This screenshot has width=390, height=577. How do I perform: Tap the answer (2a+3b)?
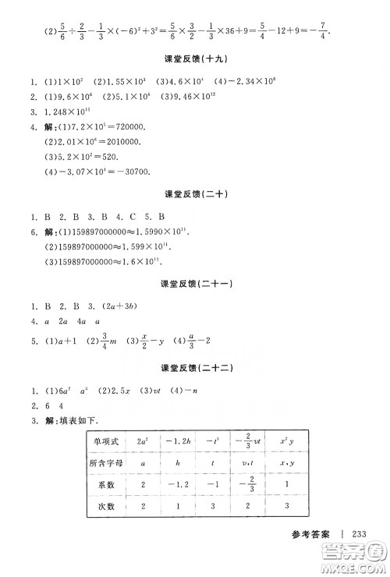[x=121, y=305]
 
